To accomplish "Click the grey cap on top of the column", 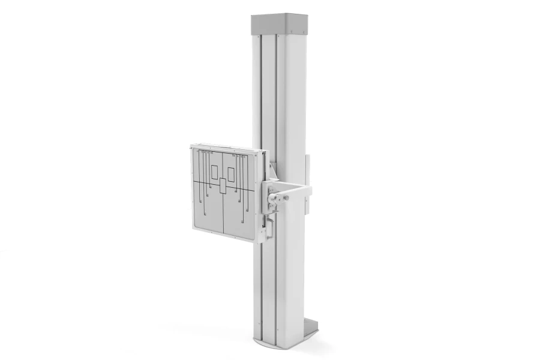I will click(x=279, y=25).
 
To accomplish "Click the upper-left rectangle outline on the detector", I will click(x=214, y=172).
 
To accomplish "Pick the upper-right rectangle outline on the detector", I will click(x=231, y=175).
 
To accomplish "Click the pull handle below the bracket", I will click(x=269, y=229).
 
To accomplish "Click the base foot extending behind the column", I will click(x=310, y=327).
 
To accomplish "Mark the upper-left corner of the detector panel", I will click(x=193, y=146).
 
